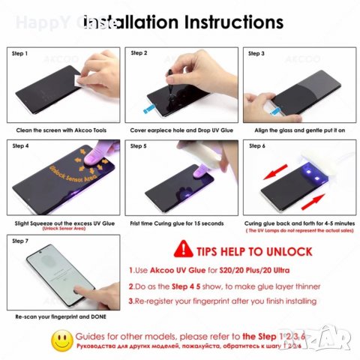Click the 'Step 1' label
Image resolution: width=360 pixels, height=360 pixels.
click(21, 54)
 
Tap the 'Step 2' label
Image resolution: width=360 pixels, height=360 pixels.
click(139, 54)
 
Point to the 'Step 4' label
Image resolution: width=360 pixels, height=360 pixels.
click(21, 144)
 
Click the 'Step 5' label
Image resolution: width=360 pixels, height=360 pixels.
click(139, 144)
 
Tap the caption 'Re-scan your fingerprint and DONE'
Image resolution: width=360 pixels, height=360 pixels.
click(56, 317)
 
